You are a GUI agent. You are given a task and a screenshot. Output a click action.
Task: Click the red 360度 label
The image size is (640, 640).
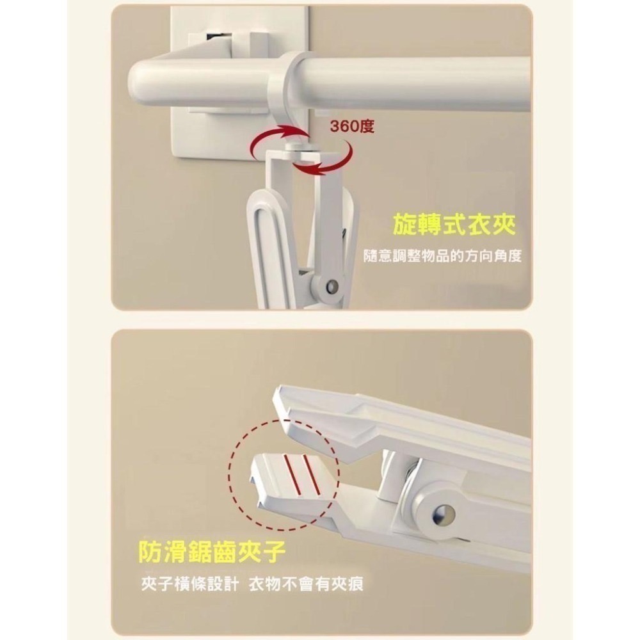click(352, 127)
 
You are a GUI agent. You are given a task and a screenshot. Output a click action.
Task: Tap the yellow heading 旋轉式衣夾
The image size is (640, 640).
click(454, 224)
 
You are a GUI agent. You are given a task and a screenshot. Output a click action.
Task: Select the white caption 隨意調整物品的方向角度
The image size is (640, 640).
click(443, 256)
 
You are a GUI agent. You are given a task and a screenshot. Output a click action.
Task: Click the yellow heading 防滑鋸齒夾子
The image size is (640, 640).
click(212, 552)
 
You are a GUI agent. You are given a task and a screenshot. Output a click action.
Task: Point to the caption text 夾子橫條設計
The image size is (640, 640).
click(190, 584)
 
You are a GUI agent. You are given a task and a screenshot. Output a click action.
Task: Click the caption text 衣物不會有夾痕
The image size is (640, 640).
click(306, 584)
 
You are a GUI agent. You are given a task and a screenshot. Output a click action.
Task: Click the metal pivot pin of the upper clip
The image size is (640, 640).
click(333, 285)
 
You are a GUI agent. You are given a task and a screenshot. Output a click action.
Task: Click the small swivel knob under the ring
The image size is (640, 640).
click(294, 148)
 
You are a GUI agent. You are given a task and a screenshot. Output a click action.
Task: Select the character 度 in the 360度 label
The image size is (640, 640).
click(367, 127)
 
